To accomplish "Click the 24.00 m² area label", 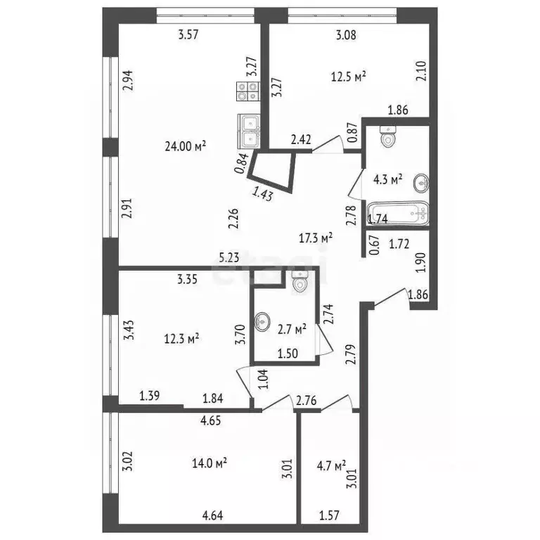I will coord(185,146).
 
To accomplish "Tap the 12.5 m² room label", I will coord(350,77).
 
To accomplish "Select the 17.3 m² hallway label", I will coord(316,238).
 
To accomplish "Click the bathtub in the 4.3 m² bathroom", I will coord(396,213).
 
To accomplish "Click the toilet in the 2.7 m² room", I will coord(299,283).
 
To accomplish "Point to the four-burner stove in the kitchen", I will coord(247,90).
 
